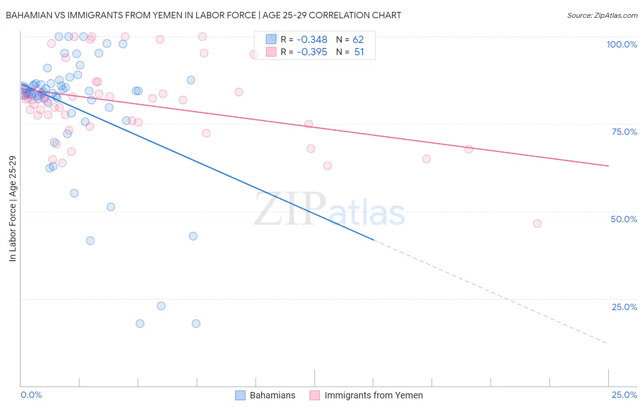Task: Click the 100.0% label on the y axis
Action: pyautogui.click(x=622, y=44)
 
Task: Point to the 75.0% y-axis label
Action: pyautogui.click(x=624, y=132)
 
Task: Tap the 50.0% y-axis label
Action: pyautogui.click(x=624, y=219)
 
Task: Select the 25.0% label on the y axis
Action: pyautogui.click(x=624, y=306)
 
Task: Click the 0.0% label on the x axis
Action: pyautogui.click(x=31, y=395)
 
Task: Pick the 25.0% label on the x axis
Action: pyautogui.click(x=624, y=395)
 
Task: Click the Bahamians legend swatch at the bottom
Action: pyautogui.click(x=241, y=395)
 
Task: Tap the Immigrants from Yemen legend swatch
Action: pyautogui.click(x=315, y=395)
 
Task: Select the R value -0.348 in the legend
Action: pyautogui.click(x=312, y=40)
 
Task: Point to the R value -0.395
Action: pyautogui.click(x=312, y=52)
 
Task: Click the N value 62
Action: pyautogui.click(x=358, y=40)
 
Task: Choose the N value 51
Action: pyautogui.click(x=359, y=52)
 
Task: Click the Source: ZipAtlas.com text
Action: pyautogui.click(x=602, y=16)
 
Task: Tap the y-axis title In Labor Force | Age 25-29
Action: pyautogui.click(x=12, y=209)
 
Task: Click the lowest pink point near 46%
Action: pyautogui.click(x=537, y=224)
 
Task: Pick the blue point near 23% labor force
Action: pyautogui.click(x=161, y=306)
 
